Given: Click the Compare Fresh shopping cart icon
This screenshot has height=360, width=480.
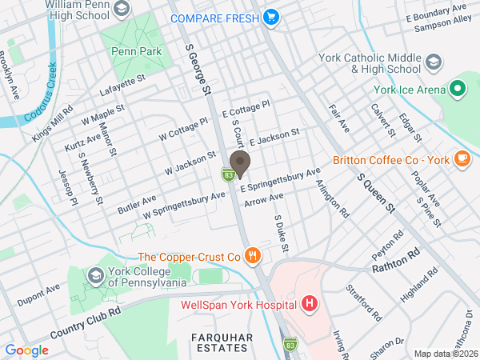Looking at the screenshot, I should (271, 17).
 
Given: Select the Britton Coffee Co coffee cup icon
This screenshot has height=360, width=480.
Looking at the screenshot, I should (462, 158).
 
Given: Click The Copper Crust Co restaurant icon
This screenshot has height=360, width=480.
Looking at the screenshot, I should (253, 257).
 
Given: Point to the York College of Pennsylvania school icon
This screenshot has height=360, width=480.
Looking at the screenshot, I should (95, 276).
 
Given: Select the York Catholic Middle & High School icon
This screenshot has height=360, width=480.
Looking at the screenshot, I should (434, 62).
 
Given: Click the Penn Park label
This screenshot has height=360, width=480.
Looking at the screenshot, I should (137, 51).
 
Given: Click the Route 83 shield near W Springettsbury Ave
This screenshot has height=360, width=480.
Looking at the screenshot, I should (228, 174).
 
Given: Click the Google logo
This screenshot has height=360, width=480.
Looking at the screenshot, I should (27, 350).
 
